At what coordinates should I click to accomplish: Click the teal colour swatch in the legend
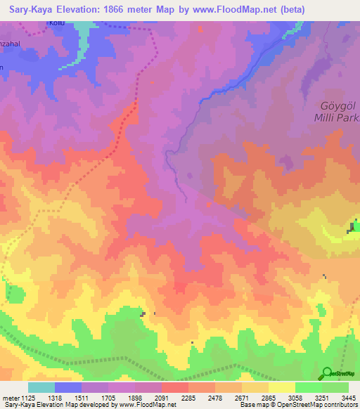41,387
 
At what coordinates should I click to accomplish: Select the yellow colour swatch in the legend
282,387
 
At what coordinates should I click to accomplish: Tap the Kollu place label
57,23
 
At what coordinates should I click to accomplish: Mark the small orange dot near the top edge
200,29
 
